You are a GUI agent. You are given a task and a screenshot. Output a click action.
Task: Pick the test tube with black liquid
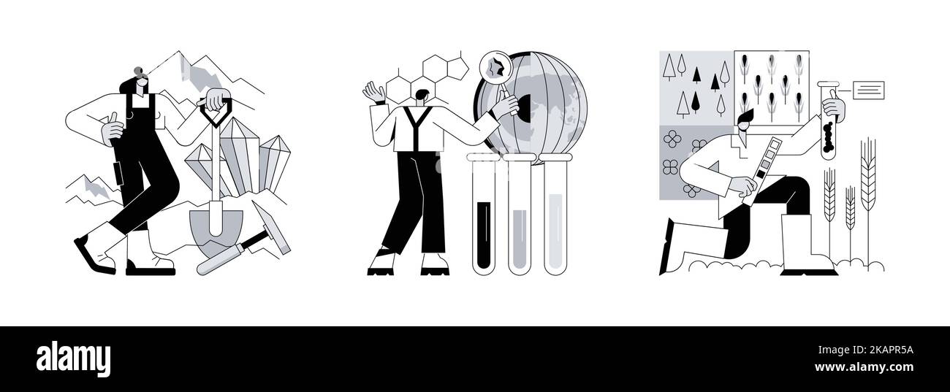[484, 214]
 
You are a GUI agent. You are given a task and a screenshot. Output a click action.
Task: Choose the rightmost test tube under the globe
[555, 214]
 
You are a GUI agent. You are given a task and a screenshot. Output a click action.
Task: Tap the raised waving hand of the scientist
[374, 93]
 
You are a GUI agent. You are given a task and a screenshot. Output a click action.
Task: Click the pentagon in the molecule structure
[457, 68]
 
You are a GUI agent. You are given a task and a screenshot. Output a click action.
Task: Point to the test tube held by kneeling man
[828, 120]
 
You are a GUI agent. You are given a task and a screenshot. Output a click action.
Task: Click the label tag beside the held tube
[869, 91]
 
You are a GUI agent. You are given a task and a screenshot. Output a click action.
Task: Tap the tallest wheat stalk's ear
[867, 174]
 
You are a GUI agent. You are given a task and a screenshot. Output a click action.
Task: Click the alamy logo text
[73, 358]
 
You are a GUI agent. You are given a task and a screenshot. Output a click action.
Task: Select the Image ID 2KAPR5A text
[866, 350]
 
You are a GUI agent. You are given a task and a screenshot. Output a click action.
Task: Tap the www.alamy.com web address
[864, 367]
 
